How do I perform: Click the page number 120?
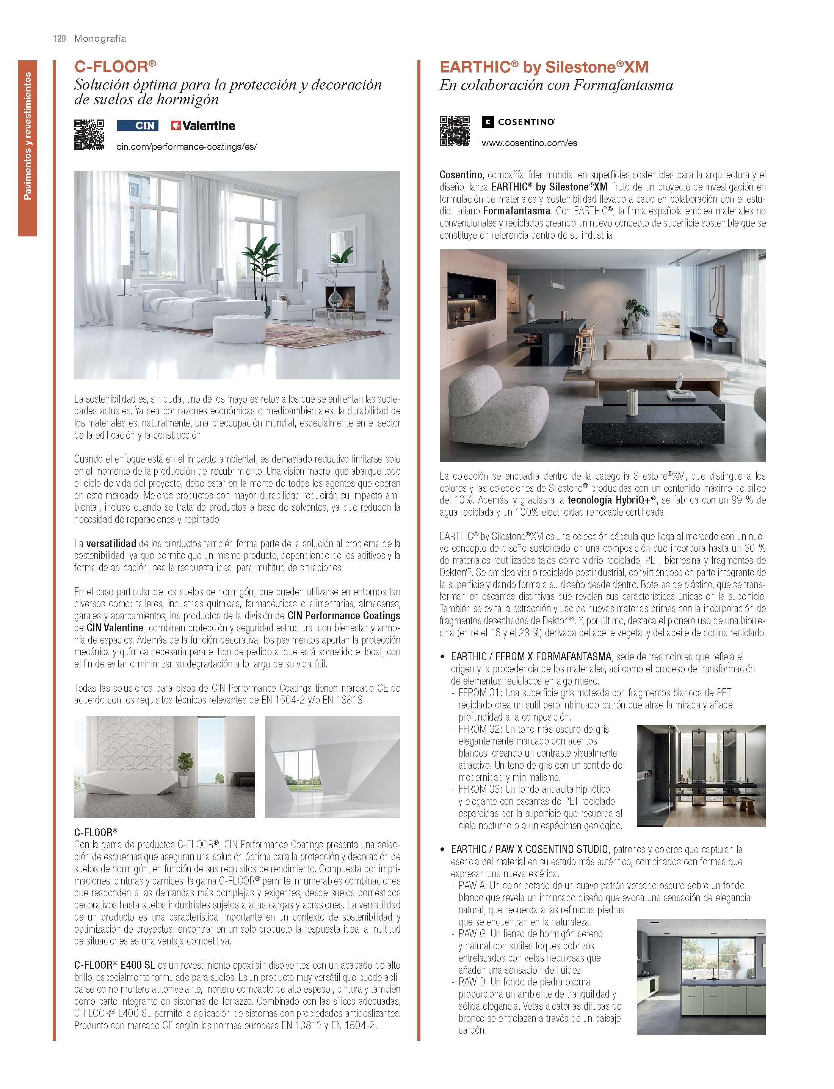pos(60,39)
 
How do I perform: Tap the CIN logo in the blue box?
pos(138,126)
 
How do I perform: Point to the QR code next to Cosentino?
pos(454,131)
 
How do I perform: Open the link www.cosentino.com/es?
pos(529,143)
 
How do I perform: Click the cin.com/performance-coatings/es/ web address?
pos(187,147)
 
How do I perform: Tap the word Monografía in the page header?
pos(100,39)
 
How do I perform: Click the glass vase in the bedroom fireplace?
pos(335,299)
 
